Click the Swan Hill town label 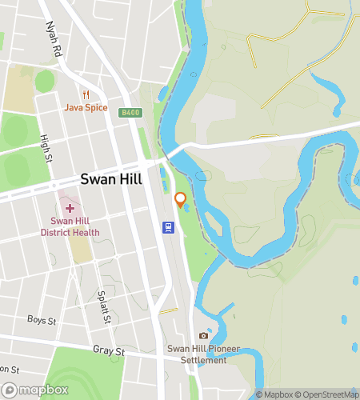[x=110, y=179]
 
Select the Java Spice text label [x=86, y=107]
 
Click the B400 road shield [x=131, y=114]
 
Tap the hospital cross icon [x=70, y=208]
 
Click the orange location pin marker [x=181, y=199]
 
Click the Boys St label [x=38, y=321]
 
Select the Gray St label [x=109, y=351]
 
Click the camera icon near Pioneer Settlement [x=203, y=335]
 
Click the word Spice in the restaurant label [x=95, y=107]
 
